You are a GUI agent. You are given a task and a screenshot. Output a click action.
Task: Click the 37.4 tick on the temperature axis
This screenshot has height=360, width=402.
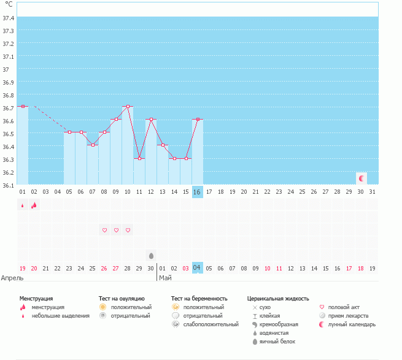(9, 18)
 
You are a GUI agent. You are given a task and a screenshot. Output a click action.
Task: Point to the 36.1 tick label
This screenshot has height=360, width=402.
(9, 185)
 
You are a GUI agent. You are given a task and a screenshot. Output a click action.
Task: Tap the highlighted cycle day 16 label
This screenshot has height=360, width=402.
(197, 192)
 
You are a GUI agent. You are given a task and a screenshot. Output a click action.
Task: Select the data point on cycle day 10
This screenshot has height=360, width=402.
(128, 106)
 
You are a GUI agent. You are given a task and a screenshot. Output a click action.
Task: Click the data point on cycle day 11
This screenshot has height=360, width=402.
(139, 158)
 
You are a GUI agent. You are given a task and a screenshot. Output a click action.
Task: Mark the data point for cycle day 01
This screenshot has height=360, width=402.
(23, 106)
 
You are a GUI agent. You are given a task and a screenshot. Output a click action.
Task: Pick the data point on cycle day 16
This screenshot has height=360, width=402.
(197, 119)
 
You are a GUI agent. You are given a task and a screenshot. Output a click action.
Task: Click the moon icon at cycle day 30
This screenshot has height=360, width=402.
(361, 178)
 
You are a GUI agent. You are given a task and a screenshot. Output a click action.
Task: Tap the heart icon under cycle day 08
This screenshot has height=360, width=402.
(104, 230)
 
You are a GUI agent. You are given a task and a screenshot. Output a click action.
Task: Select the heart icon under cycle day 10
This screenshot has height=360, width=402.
(128, 230)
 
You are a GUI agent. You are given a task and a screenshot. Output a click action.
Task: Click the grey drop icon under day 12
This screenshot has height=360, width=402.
(151, 255)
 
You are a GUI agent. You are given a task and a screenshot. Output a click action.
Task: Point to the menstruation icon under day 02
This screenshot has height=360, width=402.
(34, 205)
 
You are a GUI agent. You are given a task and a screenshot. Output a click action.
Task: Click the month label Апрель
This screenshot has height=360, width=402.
(12, 278)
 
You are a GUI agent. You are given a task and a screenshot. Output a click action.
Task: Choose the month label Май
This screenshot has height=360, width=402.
(165, 278)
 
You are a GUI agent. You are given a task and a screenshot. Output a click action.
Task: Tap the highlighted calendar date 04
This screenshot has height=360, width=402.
(197, 268)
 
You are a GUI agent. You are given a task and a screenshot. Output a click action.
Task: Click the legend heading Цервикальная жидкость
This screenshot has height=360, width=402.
(277, 298)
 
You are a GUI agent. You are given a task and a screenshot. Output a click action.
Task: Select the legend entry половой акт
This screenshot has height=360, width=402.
(344, 307)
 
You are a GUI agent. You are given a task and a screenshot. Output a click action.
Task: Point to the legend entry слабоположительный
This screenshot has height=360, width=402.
(211, 324)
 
